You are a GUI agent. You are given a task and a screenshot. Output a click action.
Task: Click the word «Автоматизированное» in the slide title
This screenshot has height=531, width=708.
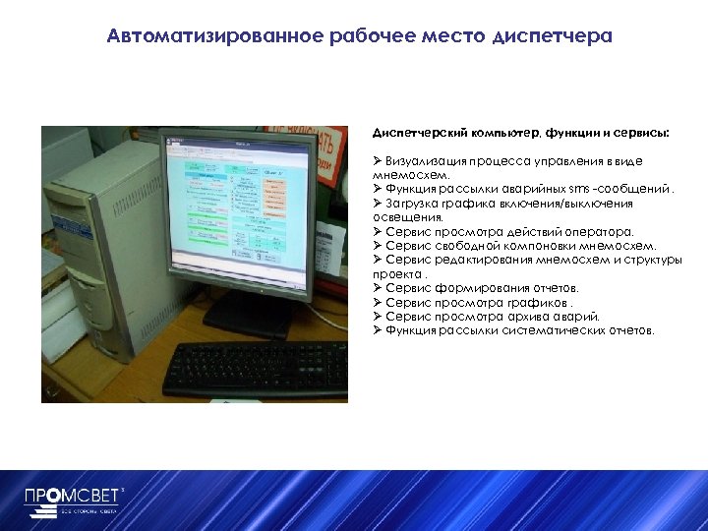coord(201,37)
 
